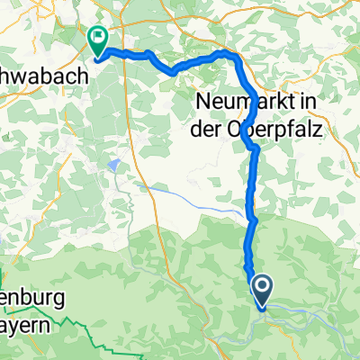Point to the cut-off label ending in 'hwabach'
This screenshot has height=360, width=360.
point(45,78)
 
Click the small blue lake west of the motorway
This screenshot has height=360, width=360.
point(114,165)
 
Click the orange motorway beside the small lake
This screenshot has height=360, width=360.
point(136,166)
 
